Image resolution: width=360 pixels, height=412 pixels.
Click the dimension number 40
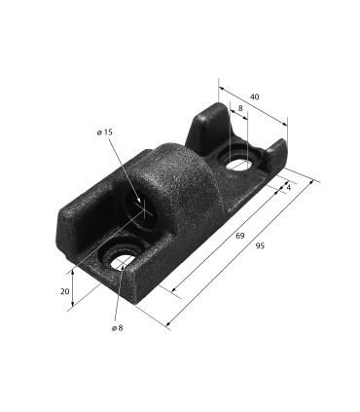255,97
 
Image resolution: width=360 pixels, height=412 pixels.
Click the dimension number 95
260,247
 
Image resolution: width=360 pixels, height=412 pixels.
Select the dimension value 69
239,237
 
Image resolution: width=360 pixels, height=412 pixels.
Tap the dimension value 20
64,292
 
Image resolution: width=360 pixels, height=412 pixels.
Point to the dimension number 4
289,185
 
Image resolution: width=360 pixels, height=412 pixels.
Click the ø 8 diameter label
117,328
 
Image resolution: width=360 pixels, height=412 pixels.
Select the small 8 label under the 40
240,109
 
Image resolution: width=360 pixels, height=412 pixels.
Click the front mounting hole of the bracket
122,257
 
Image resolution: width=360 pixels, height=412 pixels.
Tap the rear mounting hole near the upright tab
239,165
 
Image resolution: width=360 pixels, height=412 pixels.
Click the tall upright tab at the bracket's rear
207,125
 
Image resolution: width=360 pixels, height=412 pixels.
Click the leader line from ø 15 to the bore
125,170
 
